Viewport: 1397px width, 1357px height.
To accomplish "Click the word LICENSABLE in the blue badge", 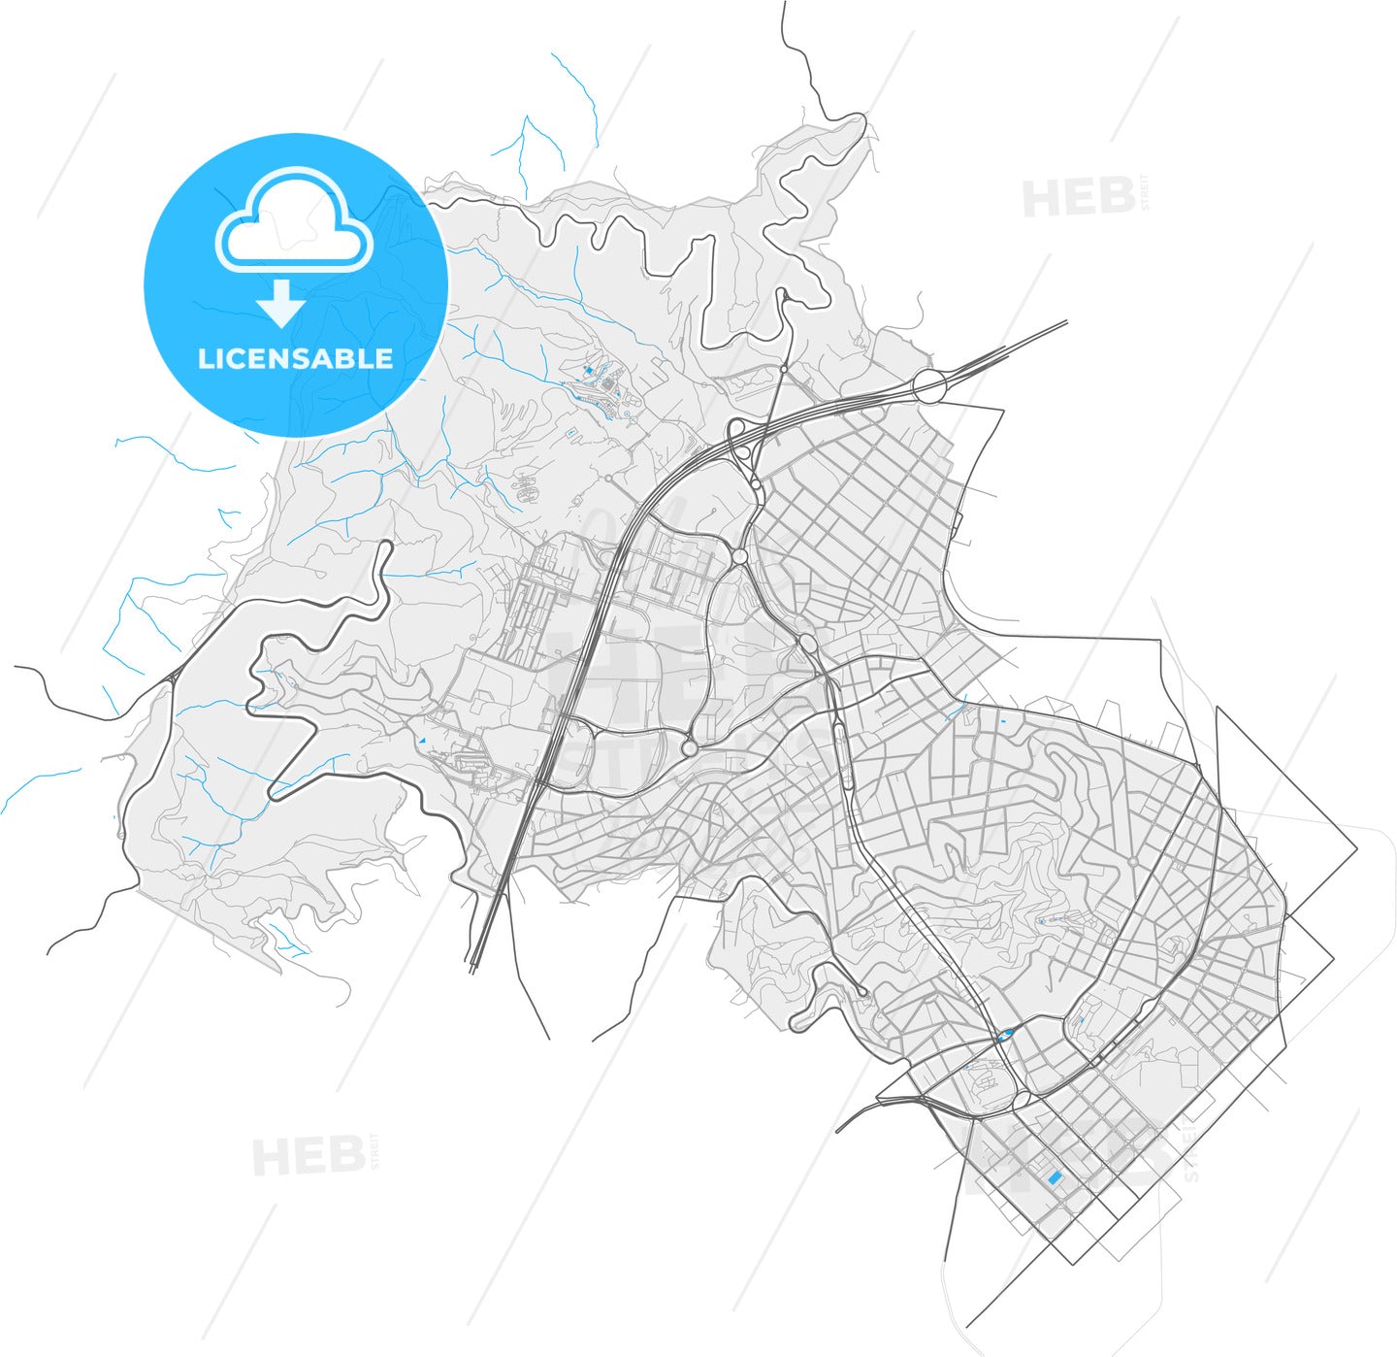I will (x=295, y=358).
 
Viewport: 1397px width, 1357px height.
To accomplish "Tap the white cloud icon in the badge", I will (x=294, y=221).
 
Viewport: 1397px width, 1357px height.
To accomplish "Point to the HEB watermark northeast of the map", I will (x=1078, y=198).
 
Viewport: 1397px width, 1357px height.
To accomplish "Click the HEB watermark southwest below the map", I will (x=308, y=1156).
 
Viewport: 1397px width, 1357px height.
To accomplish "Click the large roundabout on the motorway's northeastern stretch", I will (x=929, y=386).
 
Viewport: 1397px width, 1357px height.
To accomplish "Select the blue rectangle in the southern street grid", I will (x=1055, y=1177).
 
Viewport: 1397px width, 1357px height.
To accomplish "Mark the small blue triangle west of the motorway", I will (x=421, y=741).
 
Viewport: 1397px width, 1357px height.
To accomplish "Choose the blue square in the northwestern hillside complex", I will (x=589, y=371).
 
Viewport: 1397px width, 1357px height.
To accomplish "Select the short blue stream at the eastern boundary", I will (x=956, y=713).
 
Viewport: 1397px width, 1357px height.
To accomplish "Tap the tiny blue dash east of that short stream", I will (x=1002, y=722).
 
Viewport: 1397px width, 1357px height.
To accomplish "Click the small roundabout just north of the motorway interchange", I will (x=783, y=369).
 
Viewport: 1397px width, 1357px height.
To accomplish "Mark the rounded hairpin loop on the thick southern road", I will (x=797, y=1023).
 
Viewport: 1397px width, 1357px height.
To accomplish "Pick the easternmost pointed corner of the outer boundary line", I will (x=1356, y=848).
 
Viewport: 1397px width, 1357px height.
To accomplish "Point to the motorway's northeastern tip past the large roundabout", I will (x=1065, y=322).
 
